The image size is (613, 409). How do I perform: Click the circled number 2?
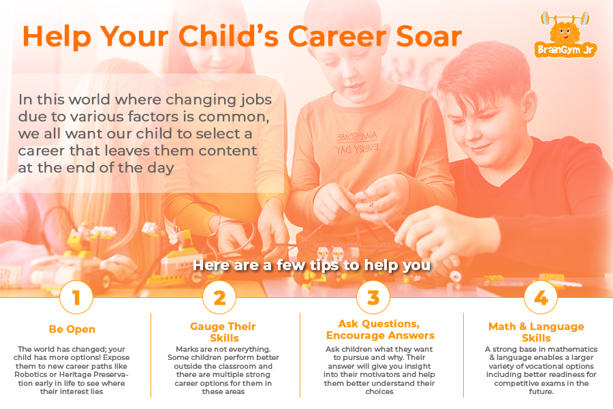pos(220,297)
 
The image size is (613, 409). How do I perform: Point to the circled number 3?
pos(373,297)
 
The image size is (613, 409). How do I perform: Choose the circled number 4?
pos(540,297)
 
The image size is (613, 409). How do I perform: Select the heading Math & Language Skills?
pos(536,332)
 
